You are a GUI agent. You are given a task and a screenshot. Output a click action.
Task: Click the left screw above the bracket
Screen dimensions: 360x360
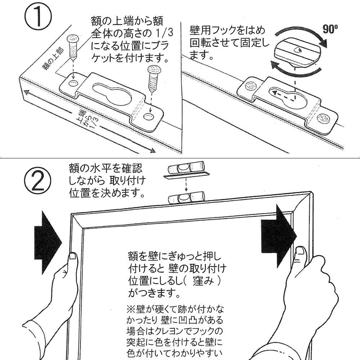(x=73, y=45)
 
